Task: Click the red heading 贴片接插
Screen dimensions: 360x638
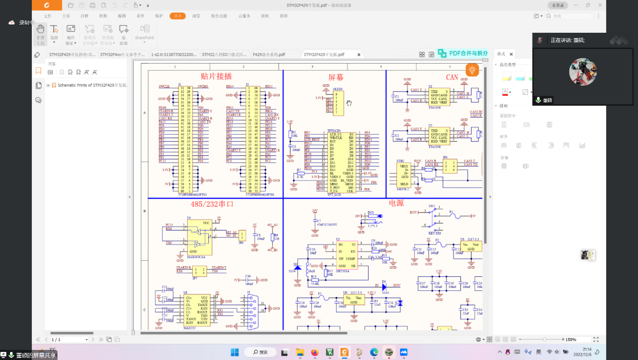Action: pos(216,77)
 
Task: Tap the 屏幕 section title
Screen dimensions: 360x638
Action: pos(336,77)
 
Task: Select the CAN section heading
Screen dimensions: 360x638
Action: pos(452,77)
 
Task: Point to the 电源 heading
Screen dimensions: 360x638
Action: pos(396,203)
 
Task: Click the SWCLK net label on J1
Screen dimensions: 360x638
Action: pos(164,87)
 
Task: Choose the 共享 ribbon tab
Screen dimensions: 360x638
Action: pos(178,16)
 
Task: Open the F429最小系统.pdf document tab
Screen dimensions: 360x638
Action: pos(269,54)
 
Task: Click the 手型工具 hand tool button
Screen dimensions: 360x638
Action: pos(40,33)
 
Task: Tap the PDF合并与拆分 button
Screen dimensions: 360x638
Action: pos(463,53)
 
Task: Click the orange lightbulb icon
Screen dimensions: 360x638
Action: pos(472,70)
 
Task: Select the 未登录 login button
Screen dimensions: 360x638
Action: pos(557,5)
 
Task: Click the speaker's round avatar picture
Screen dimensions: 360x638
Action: pos(583,72)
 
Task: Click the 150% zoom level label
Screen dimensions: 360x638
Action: pos(571,340)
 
